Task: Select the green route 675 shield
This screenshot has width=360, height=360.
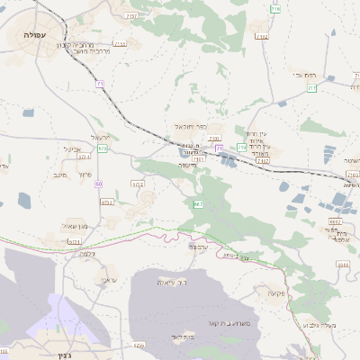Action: (102, 148)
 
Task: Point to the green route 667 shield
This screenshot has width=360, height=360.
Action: (198, 206)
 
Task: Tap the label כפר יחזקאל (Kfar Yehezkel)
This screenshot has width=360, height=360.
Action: (192, 128)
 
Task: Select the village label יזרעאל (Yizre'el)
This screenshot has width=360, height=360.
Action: (100, 136)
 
